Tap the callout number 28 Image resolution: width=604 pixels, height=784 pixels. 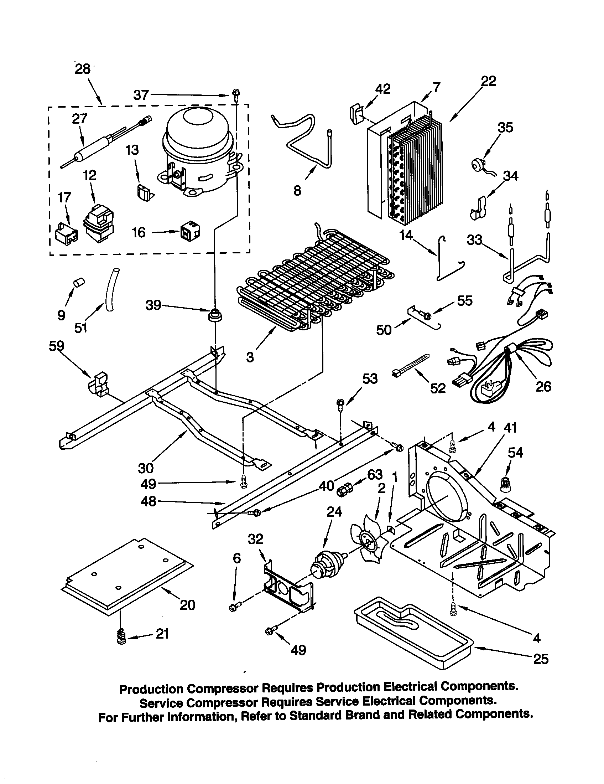[83, 68]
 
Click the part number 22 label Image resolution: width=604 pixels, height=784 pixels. [488, 81]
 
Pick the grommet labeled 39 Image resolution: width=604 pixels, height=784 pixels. [215, 315]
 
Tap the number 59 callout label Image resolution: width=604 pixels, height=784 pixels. [56, 346]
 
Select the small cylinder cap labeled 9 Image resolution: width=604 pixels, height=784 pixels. [78, 283]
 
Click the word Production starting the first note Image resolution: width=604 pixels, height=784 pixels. [151, 689]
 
